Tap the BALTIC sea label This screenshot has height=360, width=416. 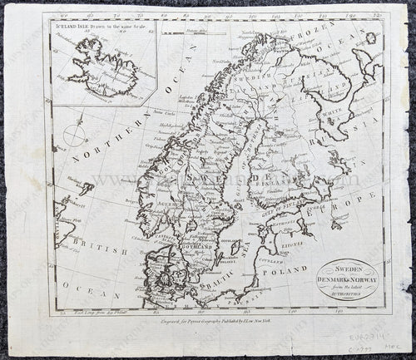coord(218,283)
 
